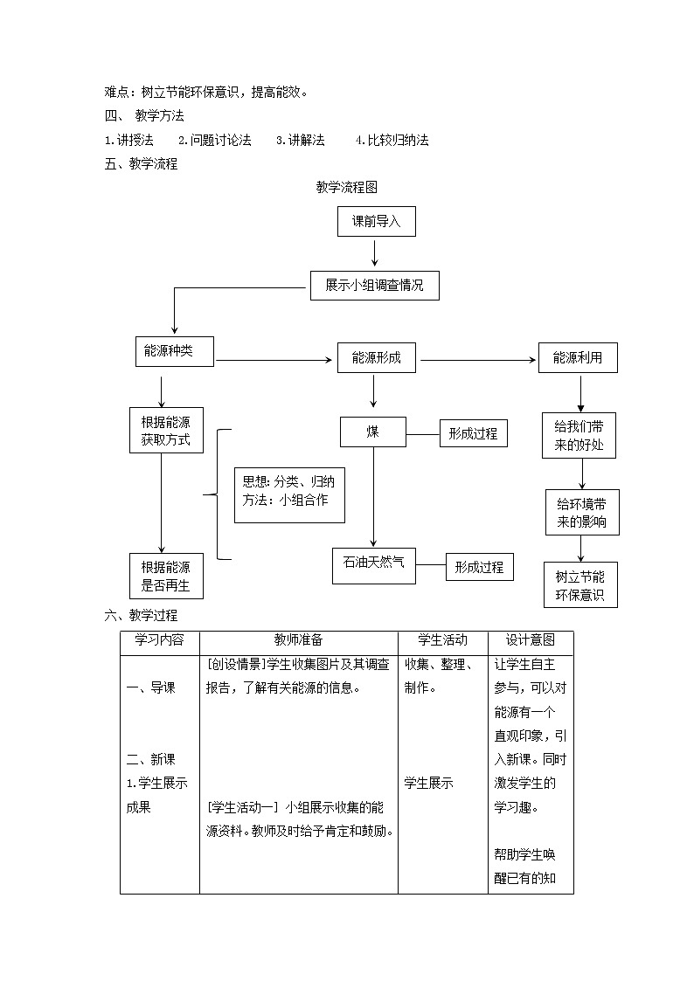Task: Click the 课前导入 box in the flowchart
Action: pyautogui.click(x=376, y=222)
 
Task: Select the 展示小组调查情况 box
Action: pyautogui.click(x=374, y=286)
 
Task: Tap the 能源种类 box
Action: pyautogui.click(x=174, y=351)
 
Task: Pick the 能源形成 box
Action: pyautogui.click(x=377, y=357)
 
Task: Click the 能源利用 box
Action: pyautogui.click(x=578, y=357)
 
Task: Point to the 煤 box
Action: pyautogui.click(x=373, y=431)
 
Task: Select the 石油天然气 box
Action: pyautogui.click(x=374, y=563)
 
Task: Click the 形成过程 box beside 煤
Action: pyautogui.click(x=473, y=432)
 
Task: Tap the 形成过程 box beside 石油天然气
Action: pyautogui.click(x=479, y=567)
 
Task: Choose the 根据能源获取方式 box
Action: pyautogui.click(x=166, y=431)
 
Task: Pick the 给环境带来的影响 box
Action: pyautogui.click(x=582, y=513)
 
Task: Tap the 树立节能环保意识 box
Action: pyautogui.click(x=580, y=585)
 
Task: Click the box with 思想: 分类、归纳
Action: pyautogui.click(x=289, y=494)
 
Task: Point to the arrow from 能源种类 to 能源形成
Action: pyautogui.click(x=275, y=359)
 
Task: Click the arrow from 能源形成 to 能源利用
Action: pyautogui.click(x=478, y=359)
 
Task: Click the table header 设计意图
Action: pyautogui.click(x=531, y=640)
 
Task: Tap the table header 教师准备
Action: pyautogui.click(x=298, y=640)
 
